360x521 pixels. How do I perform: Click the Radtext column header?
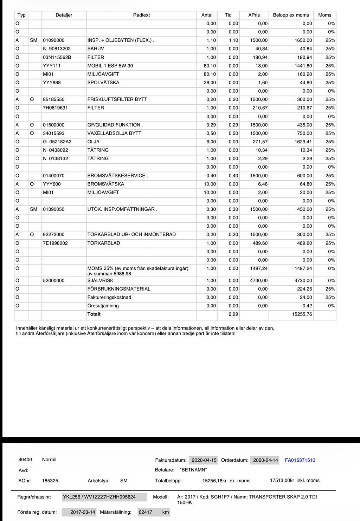coord(141,15)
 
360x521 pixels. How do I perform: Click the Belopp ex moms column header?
coord(291,15)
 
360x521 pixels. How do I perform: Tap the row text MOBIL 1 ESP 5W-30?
coord(110,66)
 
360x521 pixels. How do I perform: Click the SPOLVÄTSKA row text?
coord(103,83)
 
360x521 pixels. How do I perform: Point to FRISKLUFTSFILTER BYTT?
coord(117,99)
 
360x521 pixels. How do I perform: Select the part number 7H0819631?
coord(55,108)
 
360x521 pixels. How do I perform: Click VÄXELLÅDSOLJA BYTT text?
coord(114,133)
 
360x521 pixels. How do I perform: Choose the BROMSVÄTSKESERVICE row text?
coord(117,176)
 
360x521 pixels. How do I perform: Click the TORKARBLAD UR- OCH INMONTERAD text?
coord(131,234)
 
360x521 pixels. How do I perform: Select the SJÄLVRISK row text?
coord(100,281)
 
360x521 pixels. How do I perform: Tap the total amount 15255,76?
coord(302,314)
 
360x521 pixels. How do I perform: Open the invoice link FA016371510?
coord(300,460)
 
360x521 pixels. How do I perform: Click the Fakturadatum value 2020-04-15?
coord(204,460)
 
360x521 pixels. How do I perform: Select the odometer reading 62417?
coord(145,512)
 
